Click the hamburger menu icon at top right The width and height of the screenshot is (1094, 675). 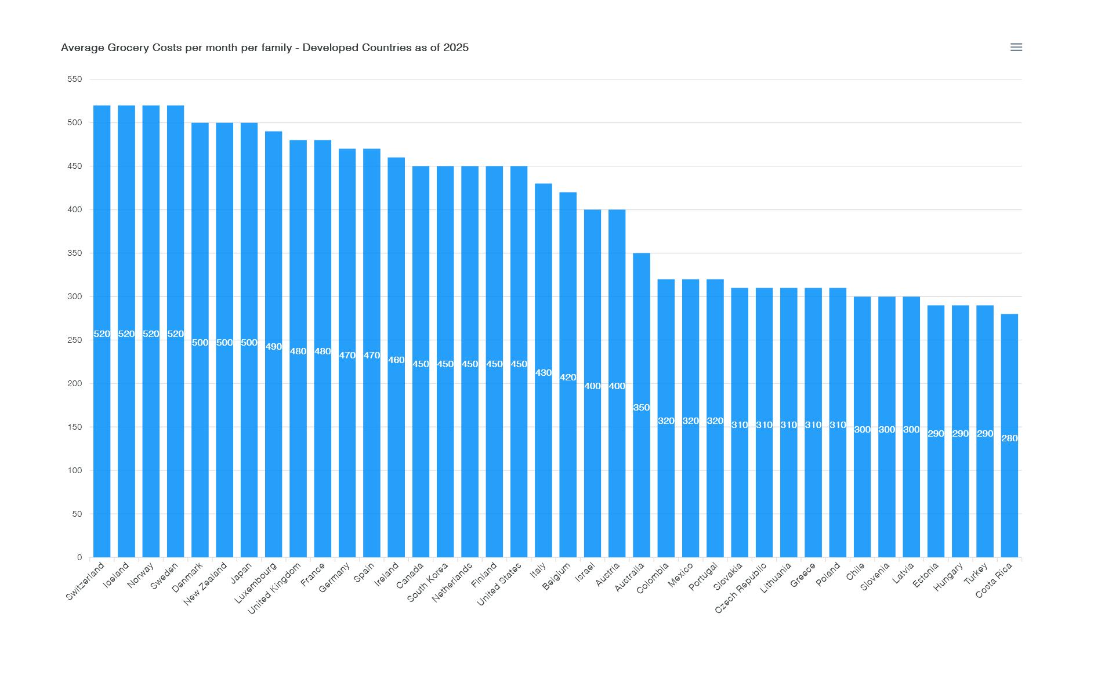pyautogui.click(x=1016, y=47)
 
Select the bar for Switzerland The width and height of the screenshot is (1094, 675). pyautogui.click(x=102, y=406)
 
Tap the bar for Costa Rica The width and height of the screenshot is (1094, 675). pyautogui.click(x=1009, y=493)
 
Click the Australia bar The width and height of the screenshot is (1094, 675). pyautogui.click(x=641, y=464)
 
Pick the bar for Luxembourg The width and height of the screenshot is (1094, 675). pyautogui.click(x=273, y=435)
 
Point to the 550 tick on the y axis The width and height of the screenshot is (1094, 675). pyautogui.click(x=75, y=79)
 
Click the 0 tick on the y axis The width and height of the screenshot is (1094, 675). pyautogui.click(x=79, y=557)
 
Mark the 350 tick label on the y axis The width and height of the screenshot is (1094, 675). pyautogui.click(x=75, y=253)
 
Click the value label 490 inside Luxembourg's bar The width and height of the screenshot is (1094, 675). pyautogui.click(x=273, y=347)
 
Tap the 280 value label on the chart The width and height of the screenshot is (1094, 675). pyautogui.click(x=1009, y=438)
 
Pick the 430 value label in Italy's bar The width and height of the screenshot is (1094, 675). pyautogui.click(x=543, y=373)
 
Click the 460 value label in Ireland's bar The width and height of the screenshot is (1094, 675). pyautogui.click(x=396, y=360)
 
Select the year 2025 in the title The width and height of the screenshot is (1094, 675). pyautogui.click(x=456, y=48)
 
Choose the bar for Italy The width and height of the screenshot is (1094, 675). pyautogui.click(x=543, y=464)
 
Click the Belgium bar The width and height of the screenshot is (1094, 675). pyautogui.click(x=568, y=464)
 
